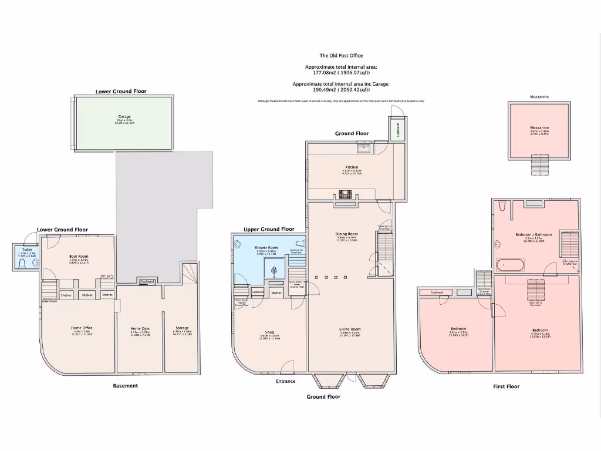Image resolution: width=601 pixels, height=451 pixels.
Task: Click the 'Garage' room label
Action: click(124, 117)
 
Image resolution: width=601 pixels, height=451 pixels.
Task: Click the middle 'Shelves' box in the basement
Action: click(87, 295)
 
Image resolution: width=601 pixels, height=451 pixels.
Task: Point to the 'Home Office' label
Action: click(82, 328)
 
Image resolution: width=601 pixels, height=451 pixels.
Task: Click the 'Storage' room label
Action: click(182, 328)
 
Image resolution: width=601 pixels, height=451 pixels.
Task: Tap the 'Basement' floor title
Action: click(125, 386)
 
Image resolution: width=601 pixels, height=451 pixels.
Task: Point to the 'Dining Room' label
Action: click(346, 234)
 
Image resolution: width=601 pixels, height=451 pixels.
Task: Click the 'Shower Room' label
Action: click(265, 247)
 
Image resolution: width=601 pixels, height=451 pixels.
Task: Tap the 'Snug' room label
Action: click(270, 332)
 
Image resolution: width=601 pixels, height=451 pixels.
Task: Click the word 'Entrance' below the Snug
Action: click(285, 382)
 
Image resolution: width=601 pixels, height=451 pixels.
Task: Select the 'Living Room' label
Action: click(350, 329)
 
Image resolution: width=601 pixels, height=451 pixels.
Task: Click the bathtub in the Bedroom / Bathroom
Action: click(511, 265)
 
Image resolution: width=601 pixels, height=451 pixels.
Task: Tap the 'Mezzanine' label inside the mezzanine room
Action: click(539, 127)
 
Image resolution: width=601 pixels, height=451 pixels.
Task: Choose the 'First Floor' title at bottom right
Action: click(506, 386)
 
